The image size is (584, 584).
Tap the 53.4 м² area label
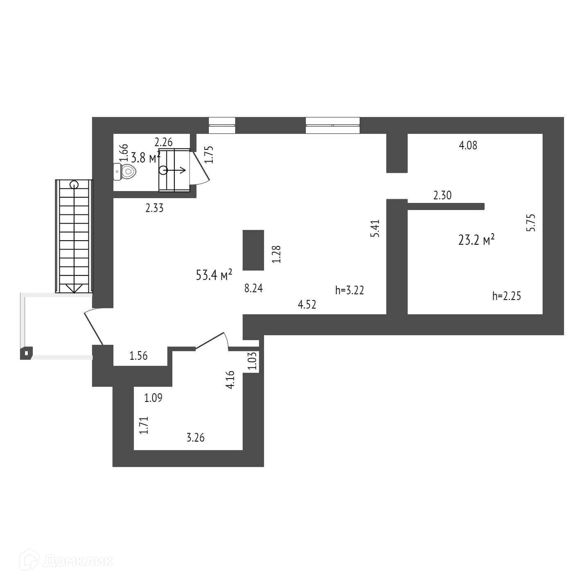click(x=214, y=275)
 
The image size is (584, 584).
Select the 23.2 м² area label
click(x=476, y=239)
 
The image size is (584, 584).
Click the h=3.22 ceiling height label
click(x=349, y=291)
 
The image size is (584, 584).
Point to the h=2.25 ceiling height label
click(x=507, y=296)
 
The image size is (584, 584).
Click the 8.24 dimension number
click(x=253, y=289)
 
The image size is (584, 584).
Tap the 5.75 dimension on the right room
click(x=531, y=223)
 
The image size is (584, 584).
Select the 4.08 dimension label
click(x=468, y=145)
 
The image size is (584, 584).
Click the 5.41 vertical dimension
click(x=375, y=228)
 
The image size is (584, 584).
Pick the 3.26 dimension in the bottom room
click(x=196, y=438)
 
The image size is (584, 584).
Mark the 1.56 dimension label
click(x=138, y=356)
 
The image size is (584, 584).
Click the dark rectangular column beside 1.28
click(x=253, y=250)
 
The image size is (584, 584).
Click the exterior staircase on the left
click(x=74, y=236)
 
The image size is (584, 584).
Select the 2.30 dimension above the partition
click(x=442, y=195)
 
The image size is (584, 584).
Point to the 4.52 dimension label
click(x=307, y=304)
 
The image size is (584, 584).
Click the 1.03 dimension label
click(x=253, y=361)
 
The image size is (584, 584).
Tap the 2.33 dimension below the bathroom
click(x=154, y=208)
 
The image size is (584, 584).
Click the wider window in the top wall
click(x=332, y=125)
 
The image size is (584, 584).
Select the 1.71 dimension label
click(x=143, y=425)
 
